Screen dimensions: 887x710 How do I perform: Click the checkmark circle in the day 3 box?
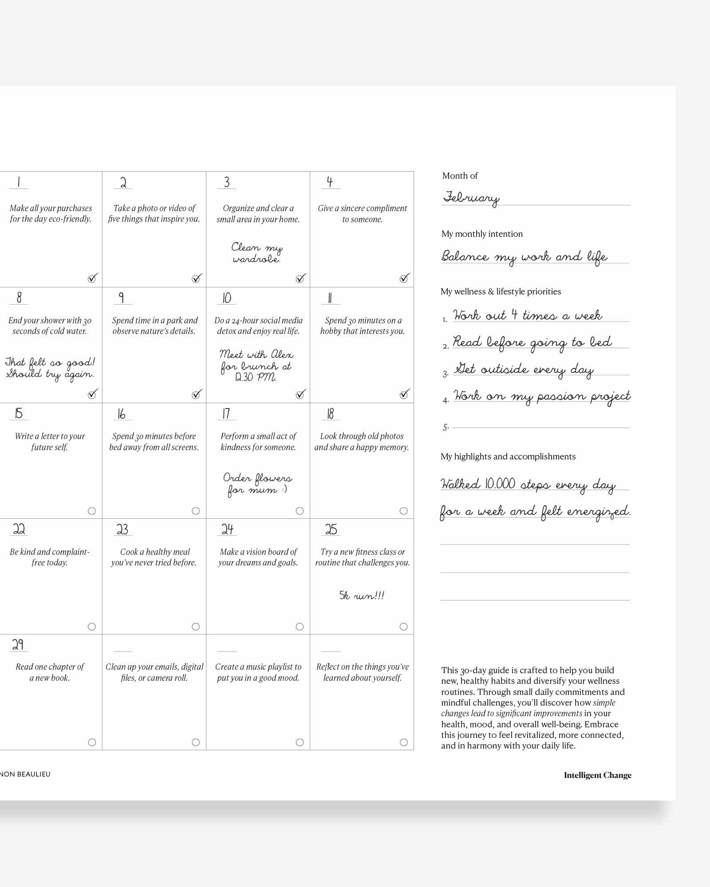[300, 279]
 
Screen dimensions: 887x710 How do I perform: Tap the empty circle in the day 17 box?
[300, 511]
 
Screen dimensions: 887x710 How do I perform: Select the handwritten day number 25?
[331, 529]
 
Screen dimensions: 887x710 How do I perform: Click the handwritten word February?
[471, 197]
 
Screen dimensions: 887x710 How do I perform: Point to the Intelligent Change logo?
[597, 775]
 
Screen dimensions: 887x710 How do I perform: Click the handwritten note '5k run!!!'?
[362, 595]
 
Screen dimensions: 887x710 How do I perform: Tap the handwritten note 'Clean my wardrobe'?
[257, 253]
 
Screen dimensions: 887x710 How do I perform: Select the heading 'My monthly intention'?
[482, 234]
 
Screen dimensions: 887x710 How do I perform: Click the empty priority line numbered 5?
[541, 427]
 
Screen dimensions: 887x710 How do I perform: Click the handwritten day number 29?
[18, 644]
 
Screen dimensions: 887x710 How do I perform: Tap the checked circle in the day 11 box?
[404, 394]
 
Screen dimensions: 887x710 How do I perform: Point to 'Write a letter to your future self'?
[50, 441]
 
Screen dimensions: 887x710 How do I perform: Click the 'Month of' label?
[460, 176]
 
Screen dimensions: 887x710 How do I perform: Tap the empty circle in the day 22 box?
[92, 627]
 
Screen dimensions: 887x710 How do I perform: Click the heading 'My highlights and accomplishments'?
[508, 456]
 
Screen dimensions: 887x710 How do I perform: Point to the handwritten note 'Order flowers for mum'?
[257, 484]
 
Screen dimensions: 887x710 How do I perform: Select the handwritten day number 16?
[121, 414]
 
